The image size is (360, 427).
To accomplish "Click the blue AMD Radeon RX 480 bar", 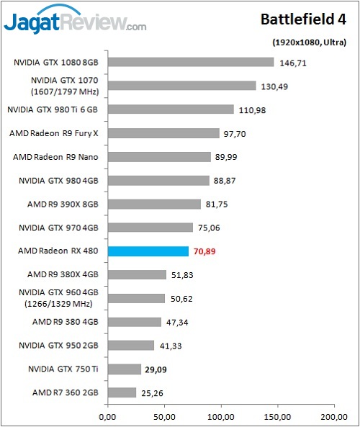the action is click(x=148, y=251).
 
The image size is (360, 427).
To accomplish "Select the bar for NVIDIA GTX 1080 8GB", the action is click(x=191, y=62).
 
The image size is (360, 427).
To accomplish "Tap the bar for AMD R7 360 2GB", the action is click(x=122, y=392).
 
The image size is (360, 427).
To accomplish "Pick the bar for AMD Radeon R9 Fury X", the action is click(x=163, y=133).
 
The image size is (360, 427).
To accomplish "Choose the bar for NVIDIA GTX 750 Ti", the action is click(x=124, y=369).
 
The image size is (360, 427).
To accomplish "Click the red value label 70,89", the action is click(x=204, y=251).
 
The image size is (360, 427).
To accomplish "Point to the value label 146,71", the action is click(x=293, y=63).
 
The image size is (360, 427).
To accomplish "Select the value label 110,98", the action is click(x=252, y=110).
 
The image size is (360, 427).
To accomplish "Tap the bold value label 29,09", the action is click(x=156, y=369).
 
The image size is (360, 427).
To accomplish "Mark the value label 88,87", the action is click(x=225, y=181).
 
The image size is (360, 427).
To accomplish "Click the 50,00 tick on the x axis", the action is click(x=164, y=417).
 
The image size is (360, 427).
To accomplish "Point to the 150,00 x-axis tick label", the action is click(x=277, y=417).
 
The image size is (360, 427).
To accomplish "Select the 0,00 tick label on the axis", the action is click(x=107, y=417).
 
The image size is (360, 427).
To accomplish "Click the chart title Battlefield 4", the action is click(x=303, y=19).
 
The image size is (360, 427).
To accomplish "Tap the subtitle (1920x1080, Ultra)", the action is click(x=310, y=42).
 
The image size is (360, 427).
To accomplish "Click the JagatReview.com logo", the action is click(x=75, y=19).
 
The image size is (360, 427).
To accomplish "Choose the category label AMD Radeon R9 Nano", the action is click(x=55, y=157).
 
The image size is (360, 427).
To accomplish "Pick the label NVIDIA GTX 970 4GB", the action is click(x=58, y=228).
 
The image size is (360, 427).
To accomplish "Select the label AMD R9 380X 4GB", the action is click(x=63, y=274).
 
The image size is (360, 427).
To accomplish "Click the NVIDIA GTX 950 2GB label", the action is click(x=58, y=346).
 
